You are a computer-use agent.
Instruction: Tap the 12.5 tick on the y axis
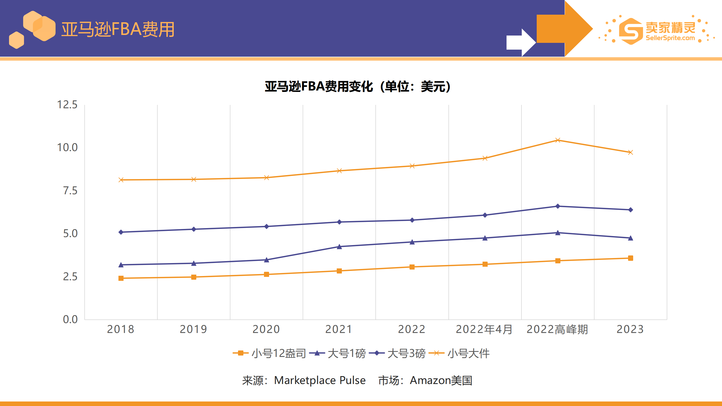coord(67,105)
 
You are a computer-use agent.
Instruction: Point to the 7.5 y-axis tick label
coord(70,191)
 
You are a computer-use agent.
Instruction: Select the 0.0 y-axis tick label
coord(70,319)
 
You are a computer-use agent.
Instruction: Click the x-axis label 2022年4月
coord(484,329)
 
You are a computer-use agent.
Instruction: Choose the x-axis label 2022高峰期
coord(557,329)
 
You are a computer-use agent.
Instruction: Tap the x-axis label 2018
coord(121,329)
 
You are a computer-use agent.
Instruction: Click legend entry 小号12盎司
coord(269,353)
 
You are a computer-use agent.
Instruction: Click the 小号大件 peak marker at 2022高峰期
coord(558,140)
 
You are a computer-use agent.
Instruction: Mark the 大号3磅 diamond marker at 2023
coord(631,210)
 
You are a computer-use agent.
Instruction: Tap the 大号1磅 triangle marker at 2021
coord(339,247)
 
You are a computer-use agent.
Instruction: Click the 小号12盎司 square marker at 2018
coord(121,278)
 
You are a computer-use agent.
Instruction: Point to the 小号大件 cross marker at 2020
coord(267,178)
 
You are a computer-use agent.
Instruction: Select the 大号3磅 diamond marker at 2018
coord(121,232)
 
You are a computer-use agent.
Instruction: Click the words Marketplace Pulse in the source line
coord(320,380)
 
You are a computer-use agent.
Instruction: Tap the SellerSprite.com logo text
coord(670,38)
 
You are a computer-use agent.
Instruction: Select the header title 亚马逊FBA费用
coord(118,29)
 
